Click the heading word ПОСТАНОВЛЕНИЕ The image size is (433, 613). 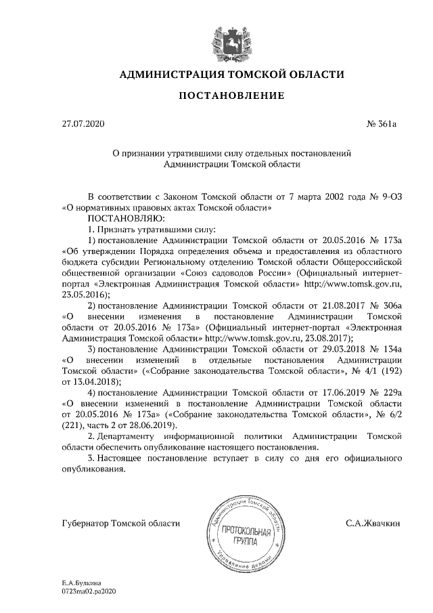tap(231, 96)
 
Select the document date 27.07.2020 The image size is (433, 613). tap(83, 125)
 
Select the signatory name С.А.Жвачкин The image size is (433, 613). tap(373, 523)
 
